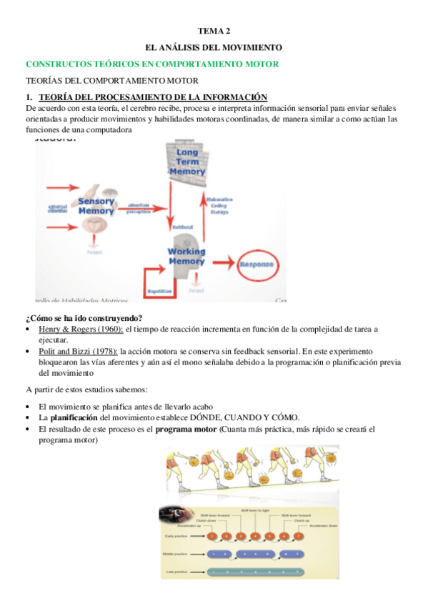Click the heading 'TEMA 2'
[214, 31]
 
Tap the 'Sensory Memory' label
[96, 206]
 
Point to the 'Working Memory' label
[186, 256]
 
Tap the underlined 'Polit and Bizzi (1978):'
[79, 351]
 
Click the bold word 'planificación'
[74, 418]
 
